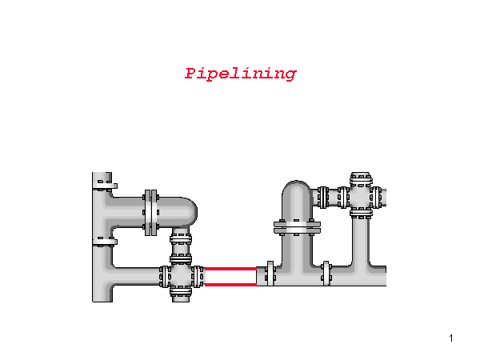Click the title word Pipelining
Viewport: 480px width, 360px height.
[x=240, y=74]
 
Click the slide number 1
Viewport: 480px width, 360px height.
[x=452, y=338]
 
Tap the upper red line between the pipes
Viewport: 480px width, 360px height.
[x=230, y=269]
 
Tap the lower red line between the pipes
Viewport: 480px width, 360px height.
[x=230, y=284]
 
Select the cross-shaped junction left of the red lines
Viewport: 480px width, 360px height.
[x=181, y=276]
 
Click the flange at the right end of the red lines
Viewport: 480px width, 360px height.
[x=270, y=274]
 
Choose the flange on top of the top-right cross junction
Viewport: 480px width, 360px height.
[x=361, y=176]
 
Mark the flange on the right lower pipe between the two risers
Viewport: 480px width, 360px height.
[x=326, y=273]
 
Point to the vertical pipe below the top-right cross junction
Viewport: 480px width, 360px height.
[x=361, y=240]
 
